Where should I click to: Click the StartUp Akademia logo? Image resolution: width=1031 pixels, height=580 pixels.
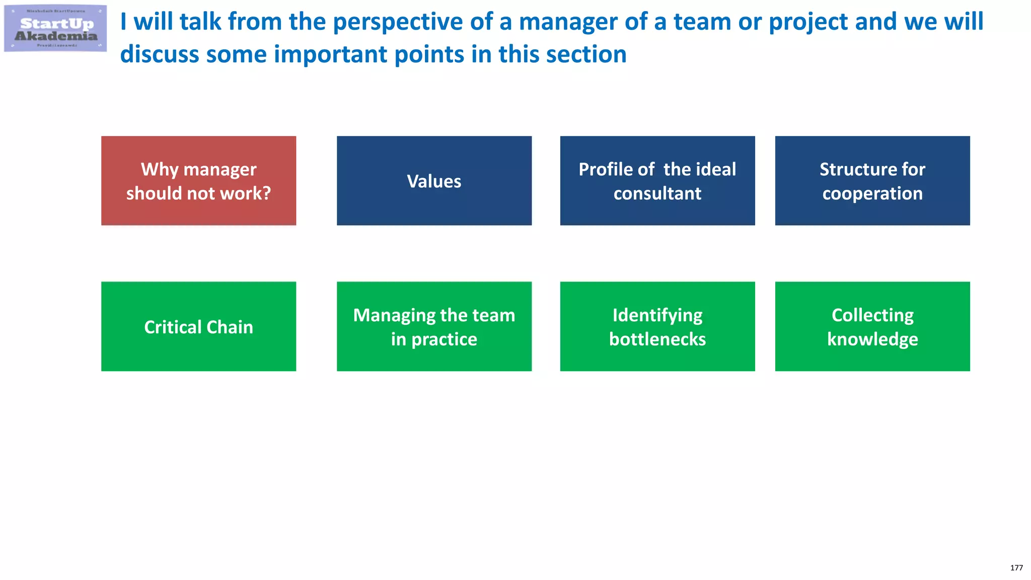[55, 29]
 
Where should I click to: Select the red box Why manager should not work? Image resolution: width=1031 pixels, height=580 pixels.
[198, 181]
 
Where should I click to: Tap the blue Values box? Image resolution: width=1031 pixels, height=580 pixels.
[434, 181]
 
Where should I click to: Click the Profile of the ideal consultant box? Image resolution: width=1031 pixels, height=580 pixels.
[657, 181]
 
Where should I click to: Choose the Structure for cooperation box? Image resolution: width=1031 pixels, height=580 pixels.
[872, 181]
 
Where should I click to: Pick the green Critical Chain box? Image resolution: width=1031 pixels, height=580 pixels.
[198, 326]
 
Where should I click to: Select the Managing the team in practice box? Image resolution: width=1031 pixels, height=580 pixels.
[434, 326]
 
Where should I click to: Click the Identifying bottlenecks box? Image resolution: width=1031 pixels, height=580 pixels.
[657, 326]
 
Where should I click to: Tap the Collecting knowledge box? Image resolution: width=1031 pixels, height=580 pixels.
[872, 326]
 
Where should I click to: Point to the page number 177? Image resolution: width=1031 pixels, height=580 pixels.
[1016, 568]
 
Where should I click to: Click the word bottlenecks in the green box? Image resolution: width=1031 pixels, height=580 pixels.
[657, 339]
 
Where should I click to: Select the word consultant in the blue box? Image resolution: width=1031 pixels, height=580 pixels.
[657, 194]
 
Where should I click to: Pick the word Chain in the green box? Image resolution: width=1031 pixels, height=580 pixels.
[230, 327]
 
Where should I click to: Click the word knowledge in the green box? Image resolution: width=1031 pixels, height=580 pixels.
[872, 339]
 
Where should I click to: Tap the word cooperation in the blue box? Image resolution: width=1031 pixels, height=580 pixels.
[872, 194]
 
